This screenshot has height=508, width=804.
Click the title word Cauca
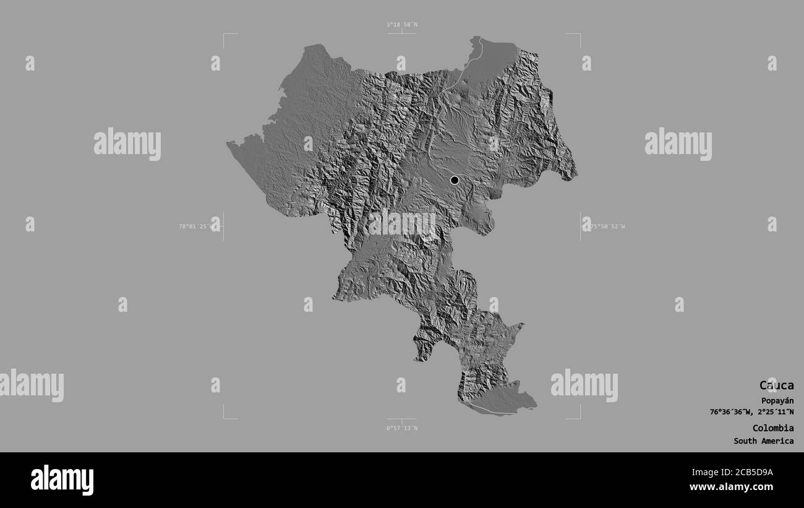776,385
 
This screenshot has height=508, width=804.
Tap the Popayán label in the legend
777,400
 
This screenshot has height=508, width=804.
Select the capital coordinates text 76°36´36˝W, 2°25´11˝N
751,412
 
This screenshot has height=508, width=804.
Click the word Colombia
773,428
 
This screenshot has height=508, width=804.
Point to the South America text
764,441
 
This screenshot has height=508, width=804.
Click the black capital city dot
455,180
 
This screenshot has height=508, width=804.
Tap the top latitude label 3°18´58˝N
402,25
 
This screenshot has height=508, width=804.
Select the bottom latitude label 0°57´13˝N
402,428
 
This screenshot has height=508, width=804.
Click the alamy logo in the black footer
62,480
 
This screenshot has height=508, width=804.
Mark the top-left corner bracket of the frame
225,35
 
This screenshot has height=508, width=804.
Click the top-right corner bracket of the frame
579,35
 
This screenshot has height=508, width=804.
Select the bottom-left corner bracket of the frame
225,418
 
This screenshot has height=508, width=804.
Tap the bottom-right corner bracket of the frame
579,418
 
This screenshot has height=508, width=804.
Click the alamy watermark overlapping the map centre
402,223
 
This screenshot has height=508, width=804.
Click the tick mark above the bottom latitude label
402,421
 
